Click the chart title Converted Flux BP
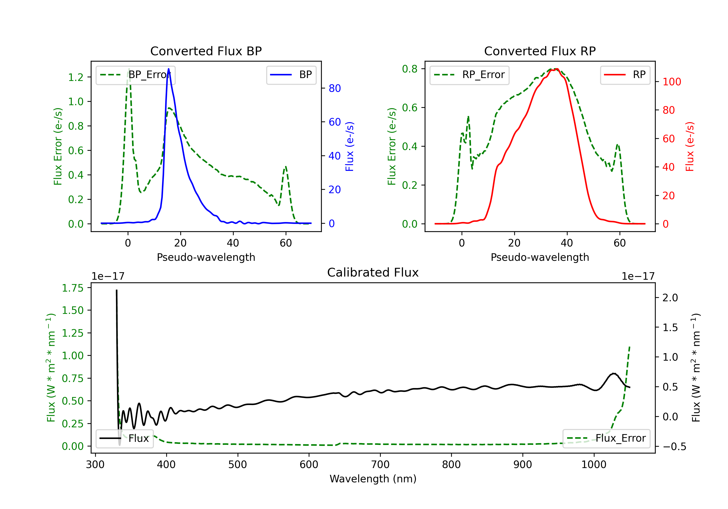206,51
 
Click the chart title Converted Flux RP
540,51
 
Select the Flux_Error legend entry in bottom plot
606,438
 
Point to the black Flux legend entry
125,438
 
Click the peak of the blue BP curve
168,69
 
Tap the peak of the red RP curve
557,69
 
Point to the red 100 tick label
671,82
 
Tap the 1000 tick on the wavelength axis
594,465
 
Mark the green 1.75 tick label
73,288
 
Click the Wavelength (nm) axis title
373,479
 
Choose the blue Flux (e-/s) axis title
349,146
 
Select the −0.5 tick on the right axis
674,447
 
